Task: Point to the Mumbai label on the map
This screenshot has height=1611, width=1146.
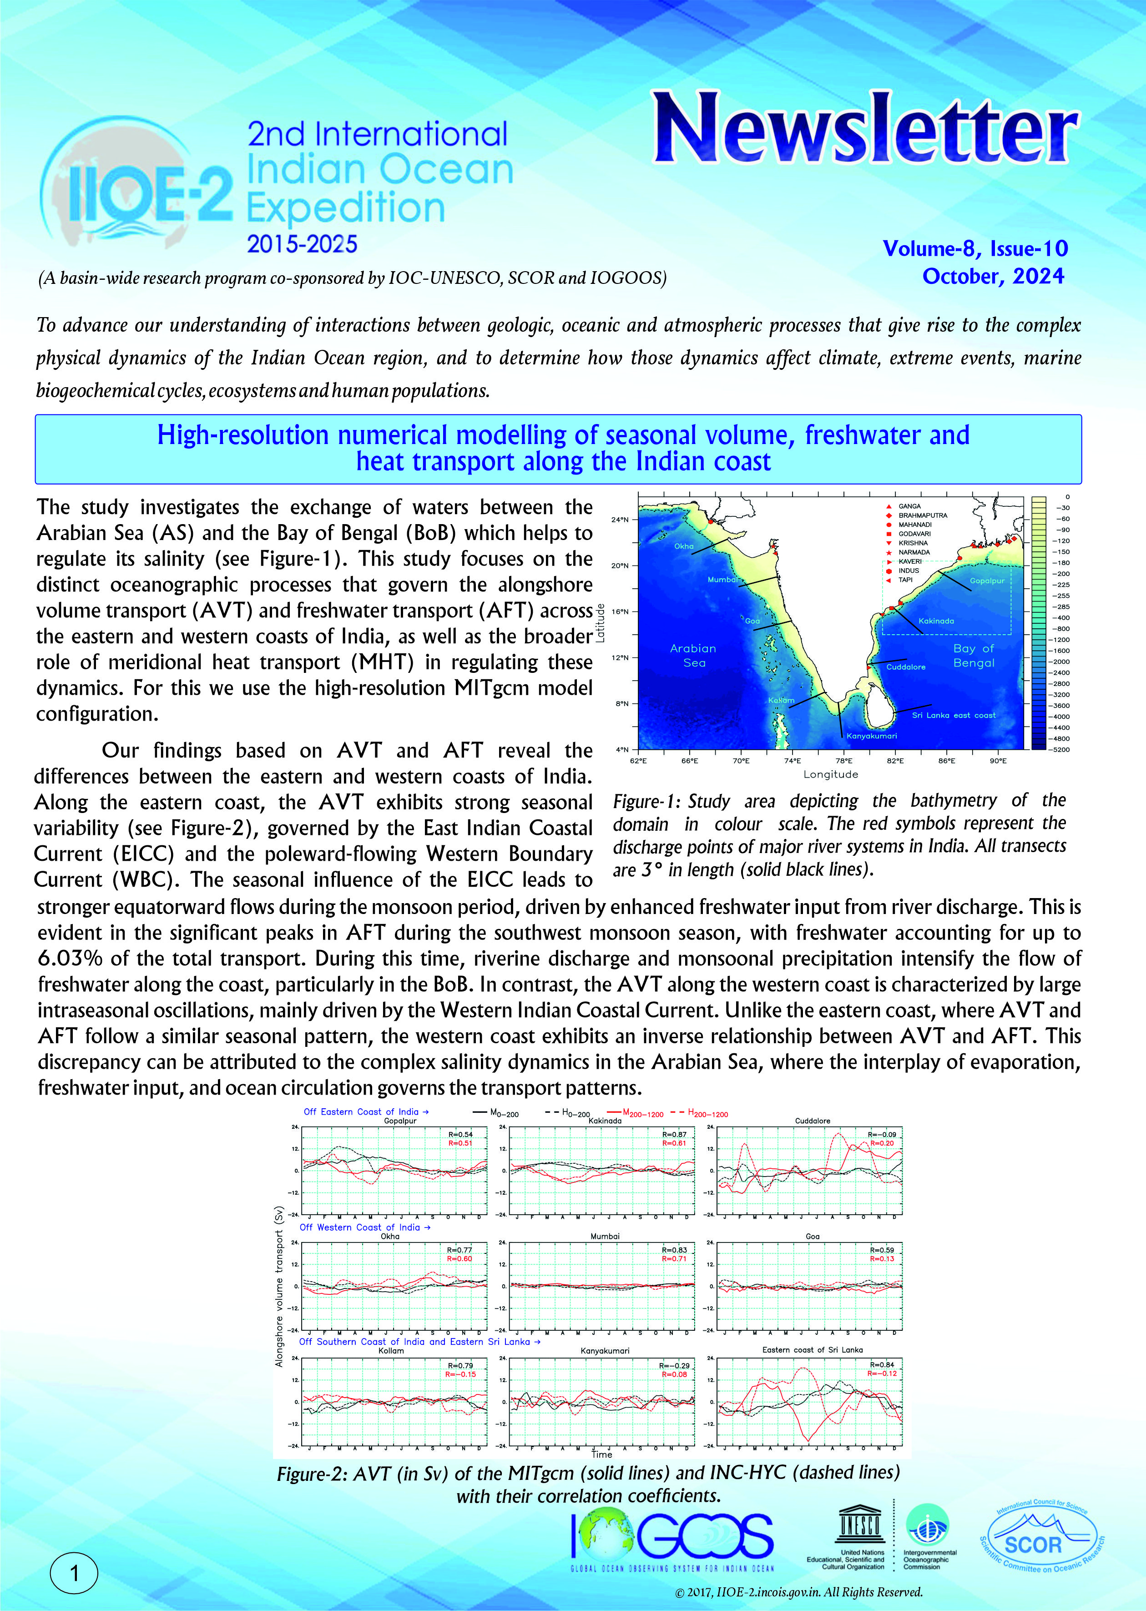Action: [x=722, y=579]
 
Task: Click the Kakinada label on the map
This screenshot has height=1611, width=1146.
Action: [x=936, y=621]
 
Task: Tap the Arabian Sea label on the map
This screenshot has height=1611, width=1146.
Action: [x=693, y=655]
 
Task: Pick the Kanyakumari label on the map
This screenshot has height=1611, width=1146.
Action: [x=872, y=736]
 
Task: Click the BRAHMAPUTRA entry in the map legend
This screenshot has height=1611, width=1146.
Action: [x=922, y=515]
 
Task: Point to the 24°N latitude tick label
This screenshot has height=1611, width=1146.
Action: [x=619, y=520]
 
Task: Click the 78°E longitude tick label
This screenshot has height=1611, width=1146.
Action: [x=843, y=761]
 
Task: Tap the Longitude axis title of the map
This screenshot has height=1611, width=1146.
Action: [x=831, y=774]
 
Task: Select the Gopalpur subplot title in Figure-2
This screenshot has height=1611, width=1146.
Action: [x=400, y=1121]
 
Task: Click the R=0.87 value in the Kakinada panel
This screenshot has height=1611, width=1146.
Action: [x=674, y=1135]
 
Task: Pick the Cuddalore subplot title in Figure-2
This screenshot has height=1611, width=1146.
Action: [x=812, y=1121]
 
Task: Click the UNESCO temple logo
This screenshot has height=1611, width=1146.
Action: [x=859, y=1525]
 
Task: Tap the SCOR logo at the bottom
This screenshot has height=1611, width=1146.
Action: [x=1041, y=1545]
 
